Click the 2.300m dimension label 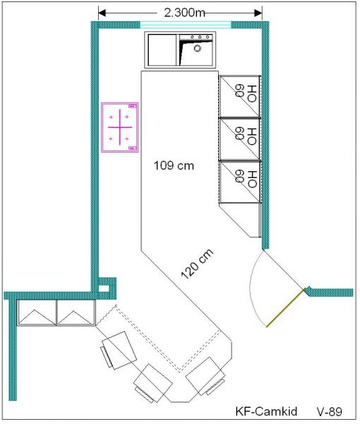pos(184,13)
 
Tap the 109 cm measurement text pos(174,165)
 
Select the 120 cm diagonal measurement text pos(197,264)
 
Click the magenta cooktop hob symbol pos(120,127)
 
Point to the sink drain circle pos(198,48)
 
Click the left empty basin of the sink pos(162,49)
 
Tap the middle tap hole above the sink pos(200,37)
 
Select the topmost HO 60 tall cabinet pos(240,96)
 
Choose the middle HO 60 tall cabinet pos(240,139)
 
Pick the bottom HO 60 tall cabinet pos(240,182)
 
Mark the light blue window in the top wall pos(186,25)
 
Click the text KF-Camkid pos(266,411)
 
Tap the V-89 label pos(330,411)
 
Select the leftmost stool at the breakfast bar pos(119,350)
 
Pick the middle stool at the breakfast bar pos(153,383)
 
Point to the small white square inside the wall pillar pos(104,288)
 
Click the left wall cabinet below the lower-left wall pos(37,312)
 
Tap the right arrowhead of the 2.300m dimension pos(258,13)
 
